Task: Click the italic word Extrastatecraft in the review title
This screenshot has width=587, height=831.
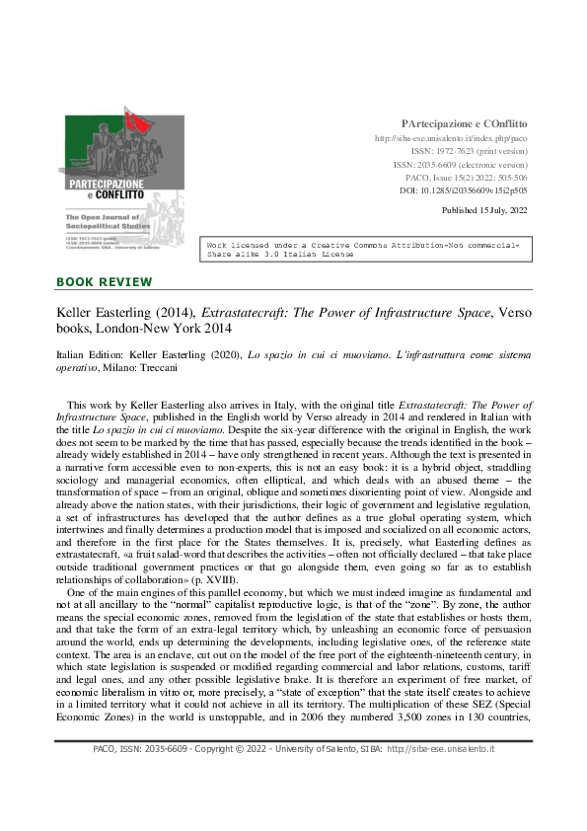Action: pyautogui.click(x=232, y=311)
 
